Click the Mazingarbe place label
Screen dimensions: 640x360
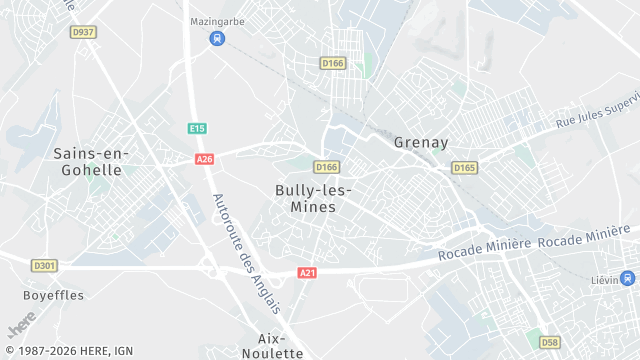(x=217, y=20)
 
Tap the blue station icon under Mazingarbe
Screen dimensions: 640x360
(x=217, y=38)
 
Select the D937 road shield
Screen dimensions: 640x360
(x=84, y=32)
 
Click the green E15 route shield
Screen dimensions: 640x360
(x=197, y=128)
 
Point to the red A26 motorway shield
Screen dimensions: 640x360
(x=205, y=159)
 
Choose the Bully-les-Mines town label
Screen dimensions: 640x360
(x=313, y=198)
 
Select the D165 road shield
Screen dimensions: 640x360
(x=464, y=168)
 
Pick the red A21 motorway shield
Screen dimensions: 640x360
(x=307, y=273)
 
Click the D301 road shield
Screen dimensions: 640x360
(x=44, y=266)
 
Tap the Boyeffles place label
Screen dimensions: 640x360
(x=54, y=295)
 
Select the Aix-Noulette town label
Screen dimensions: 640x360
(x=280, y=346)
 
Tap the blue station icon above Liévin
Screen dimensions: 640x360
(x=626, y=279)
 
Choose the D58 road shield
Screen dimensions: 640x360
(x=550, y=342)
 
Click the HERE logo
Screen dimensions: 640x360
(x=21, y=327)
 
